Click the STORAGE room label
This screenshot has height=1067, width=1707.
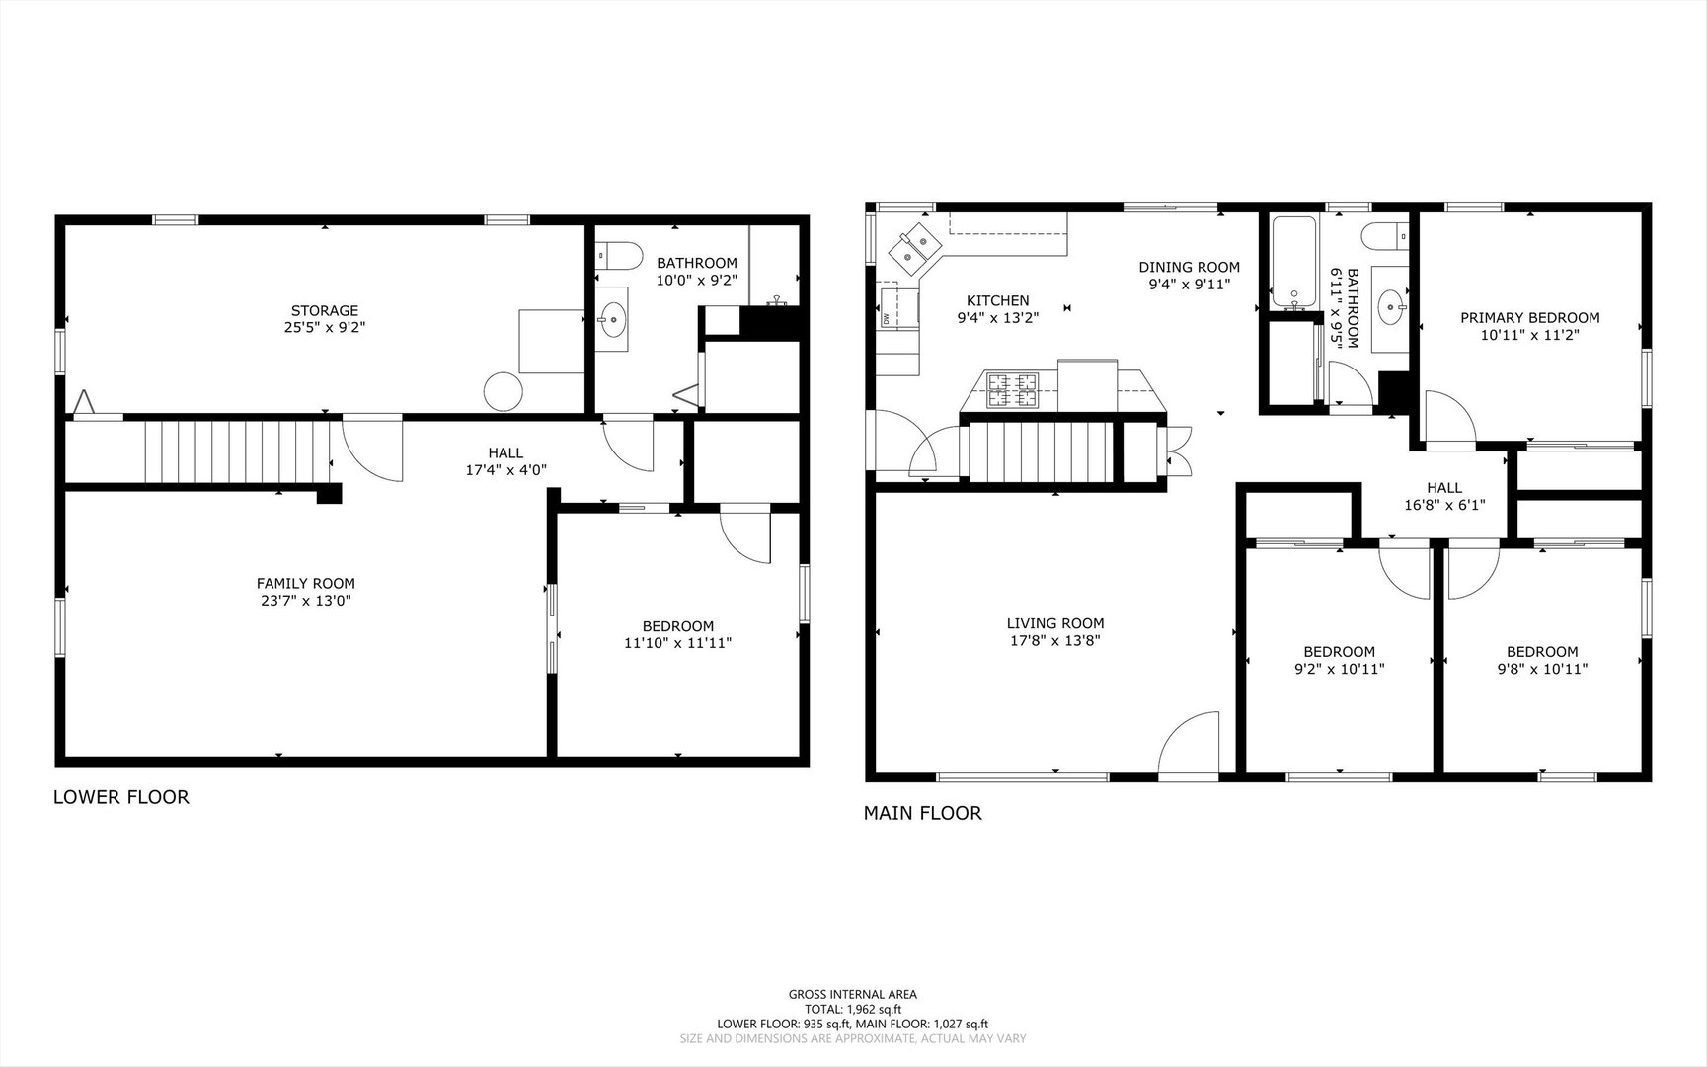(x=324, y=311)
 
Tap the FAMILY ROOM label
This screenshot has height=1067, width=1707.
(x=306, y=584)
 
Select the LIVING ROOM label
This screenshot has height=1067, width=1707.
(x=1055, y=623)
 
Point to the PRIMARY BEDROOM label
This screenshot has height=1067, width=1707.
(x=1530, y=318)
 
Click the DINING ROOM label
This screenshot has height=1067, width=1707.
(x=1189, y=267)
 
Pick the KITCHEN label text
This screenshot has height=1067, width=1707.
(x=997, y=300)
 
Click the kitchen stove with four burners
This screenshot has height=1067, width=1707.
(x=1014, y=389)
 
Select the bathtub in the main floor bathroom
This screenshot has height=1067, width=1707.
(x=1291, y=263)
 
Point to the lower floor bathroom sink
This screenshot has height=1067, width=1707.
(x=613, y=318)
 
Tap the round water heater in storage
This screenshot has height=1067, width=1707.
(x=504, y=391)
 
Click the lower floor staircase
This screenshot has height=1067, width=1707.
(x=237, y=451)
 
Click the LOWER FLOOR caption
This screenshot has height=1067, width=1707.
(x=120, y=797)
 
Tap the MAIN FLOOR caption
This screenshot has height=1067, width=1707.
(x=923, y=813)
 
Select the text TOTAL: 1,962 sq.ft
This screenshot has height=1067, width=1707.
(x=853, y=1010)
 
